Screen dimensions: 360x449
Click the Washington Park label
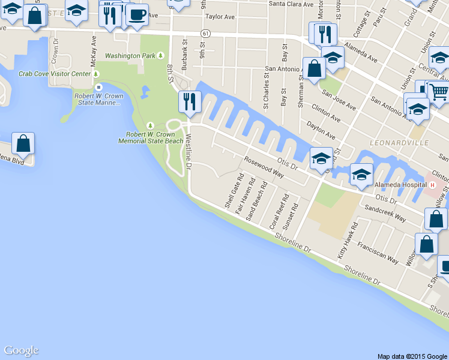point(130,56)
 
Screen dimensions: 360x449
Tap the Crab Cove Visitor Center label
point(54,74)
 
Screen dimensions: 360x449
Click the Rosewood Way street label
point(263,167)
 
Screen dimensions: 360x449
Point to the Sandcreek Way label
point(385,214)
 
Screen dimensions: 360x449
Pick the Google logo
point(21,351)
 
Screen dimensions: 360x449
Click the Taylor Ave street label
point(219,17)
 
